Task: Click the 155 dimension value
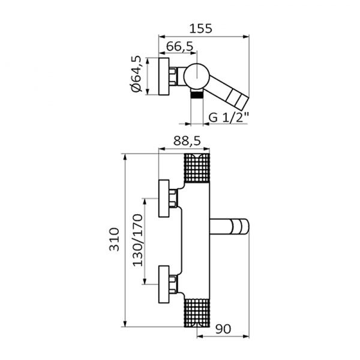click(200, 29)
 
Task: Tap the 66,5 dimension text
click(179, 47)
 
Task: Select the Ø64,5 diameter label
click(136, 74)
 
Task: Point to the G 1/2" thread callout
click(229, 118)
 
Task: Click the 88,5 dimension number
click(187, 141)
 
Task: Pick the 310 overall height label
click(115, 239)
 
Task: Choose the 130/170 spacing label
click(137, 240)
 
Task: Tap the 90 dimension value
click(223, 329)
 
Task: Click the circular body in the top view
click(197, 76)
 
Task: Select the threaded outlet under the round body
click(197, 94)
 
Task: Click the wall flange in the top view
click(164, 76)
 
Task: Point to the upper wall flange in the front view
click(164, 199)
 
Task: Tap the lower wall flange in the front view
click(164, 284)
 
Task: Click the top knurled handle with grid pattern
click(197, 168)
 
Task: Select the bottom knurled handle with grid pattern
click(197, 313)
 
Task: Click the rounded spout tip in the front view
click(241, 227)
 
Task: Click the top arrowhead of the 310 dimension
click(125, 157)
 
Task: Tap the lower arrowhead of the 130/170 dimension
click(145, 281)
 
